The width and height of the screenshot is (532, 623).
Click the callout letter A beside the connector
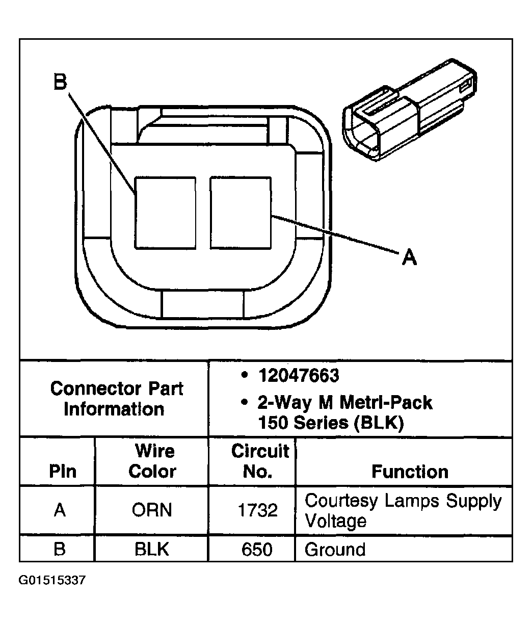point(409,257)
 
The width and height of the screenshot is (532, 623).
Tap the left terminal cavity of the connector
point(165,213)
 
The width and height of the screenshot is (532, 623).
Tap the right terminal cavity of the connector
point(240,213)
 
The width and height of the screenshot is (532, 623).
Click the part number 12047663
point(298,376)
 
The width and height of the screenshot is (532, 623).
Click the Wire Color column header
point(152,461)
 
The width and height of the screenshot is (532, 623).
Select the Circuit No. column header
point(259,461)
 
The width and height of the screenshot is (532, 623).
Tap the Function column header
point(410,472)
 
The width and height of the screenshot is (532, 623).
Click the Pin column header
point(63,472)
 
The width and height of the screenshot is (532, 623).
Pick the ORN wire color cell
point(152,510)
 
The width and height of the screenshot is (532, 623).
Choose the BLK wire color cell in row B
point(152,550)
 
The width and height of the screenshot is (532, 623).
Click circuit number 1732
point(258,510)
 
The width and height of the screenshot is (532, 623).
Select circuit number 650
point(258,550)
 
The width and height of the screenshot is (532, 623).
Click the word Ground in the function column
point(335,550)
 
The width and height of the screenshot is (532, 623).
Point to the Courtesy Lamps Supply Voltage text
point(403,510)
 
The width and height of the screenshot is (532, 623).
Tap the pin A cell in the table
point(60,510)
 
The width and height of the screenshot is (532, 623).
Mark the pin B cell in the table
point(60,550)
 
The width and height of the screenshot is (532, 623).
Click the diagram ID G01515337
point(52,580)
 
